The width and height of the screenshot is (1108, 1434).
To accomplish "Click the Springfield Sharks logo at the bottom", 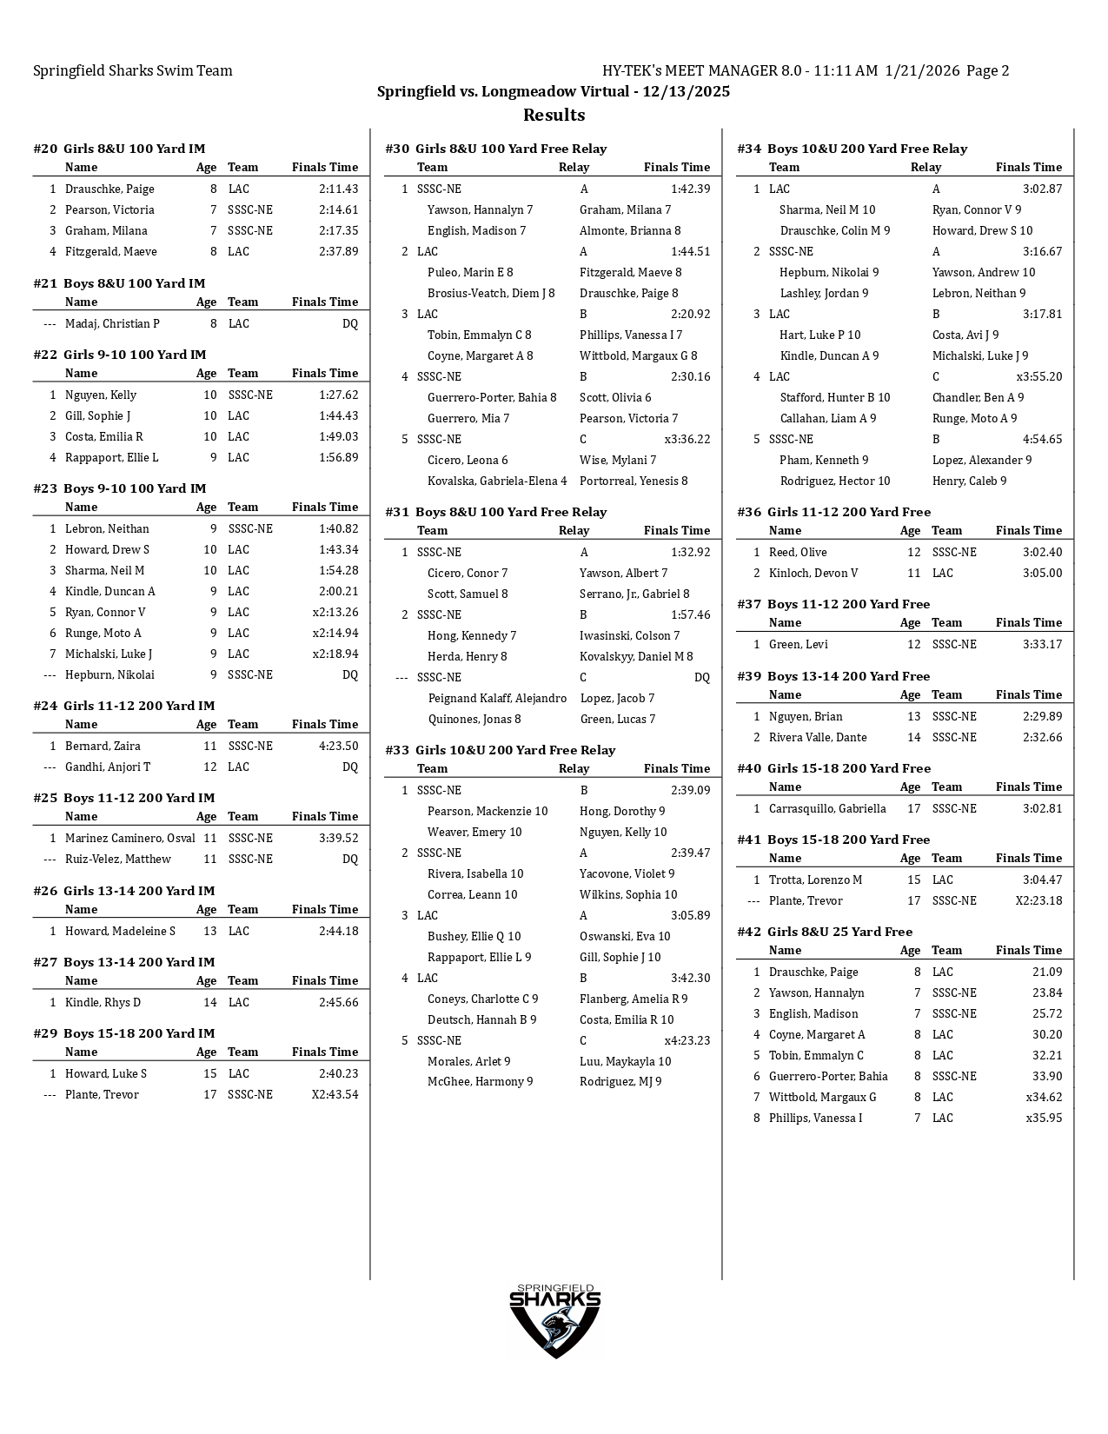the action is [554, 1320].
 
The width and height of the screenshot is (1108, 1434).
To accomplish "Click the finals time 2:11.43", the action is [338, 189].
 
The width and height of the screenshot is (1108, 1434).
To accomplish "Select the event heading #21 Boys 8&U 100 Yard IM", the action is [119, 283].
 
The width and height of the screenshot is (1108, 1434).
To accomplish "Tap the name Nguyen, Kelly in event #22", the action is [100, 395].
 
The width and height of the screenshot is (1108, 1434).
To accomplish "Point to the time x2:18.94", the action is [335, 654].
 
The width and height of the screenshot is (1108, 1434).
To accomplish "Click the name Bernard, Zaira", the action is [103, 746].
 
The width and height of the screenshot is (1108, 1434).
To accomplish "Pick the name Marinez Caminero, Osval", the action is [129, 838].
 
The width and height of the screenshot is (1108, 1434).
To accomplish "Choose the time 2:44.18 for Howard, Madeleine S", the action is [338, 931].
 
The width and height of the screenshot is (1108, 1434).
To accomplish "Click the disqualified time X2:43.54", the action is [335, 1094].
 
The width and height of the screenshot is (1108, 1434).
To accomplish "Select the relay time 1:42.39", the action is [690, 189].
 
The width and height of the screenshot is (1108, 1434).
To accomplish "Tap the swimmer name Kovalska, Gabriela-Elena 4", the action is [497, 481].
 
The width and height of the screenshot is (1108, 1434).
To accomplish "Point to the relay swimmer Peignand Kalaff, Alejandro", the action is [497, 698].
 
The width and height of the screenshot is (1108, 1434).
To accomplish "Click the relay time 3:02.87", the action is [1042, 189].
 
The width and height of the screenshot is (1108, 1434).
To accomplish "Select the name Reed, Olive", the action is [798, 552].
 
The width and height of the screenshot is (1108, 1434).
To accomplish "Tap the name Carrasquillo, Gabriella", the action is [827, 808].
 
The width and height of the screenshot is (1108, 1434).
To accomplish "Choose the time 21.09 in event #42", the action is [1047, 972].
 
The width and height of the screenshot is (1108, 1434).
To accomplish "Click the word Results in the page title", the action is [554, 116].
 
